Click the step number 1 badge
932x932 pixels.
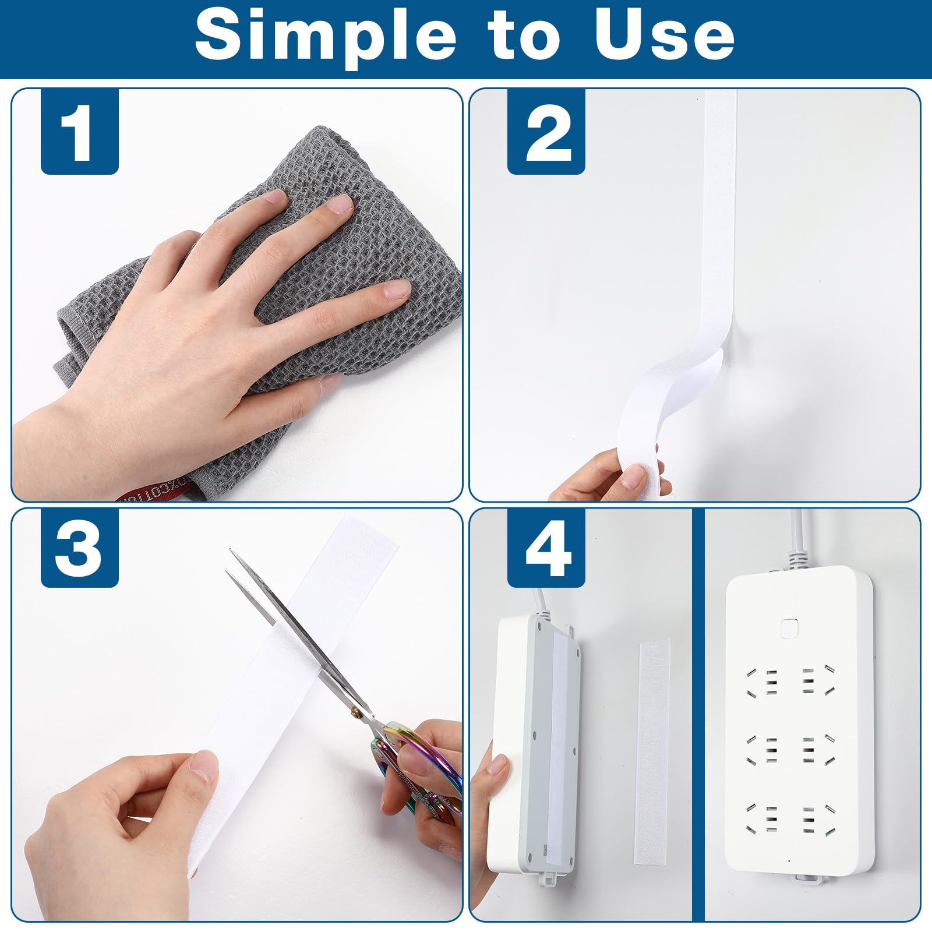[x=80, y=132]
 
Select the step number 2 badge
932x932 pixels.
[x=546, y=132]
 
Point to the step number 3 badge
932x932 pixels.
[x=80, y=548]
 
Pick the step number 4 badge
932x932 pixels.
[x=546, y=548]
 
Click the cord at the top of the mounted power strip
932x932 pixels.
[x=800, y=539]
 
